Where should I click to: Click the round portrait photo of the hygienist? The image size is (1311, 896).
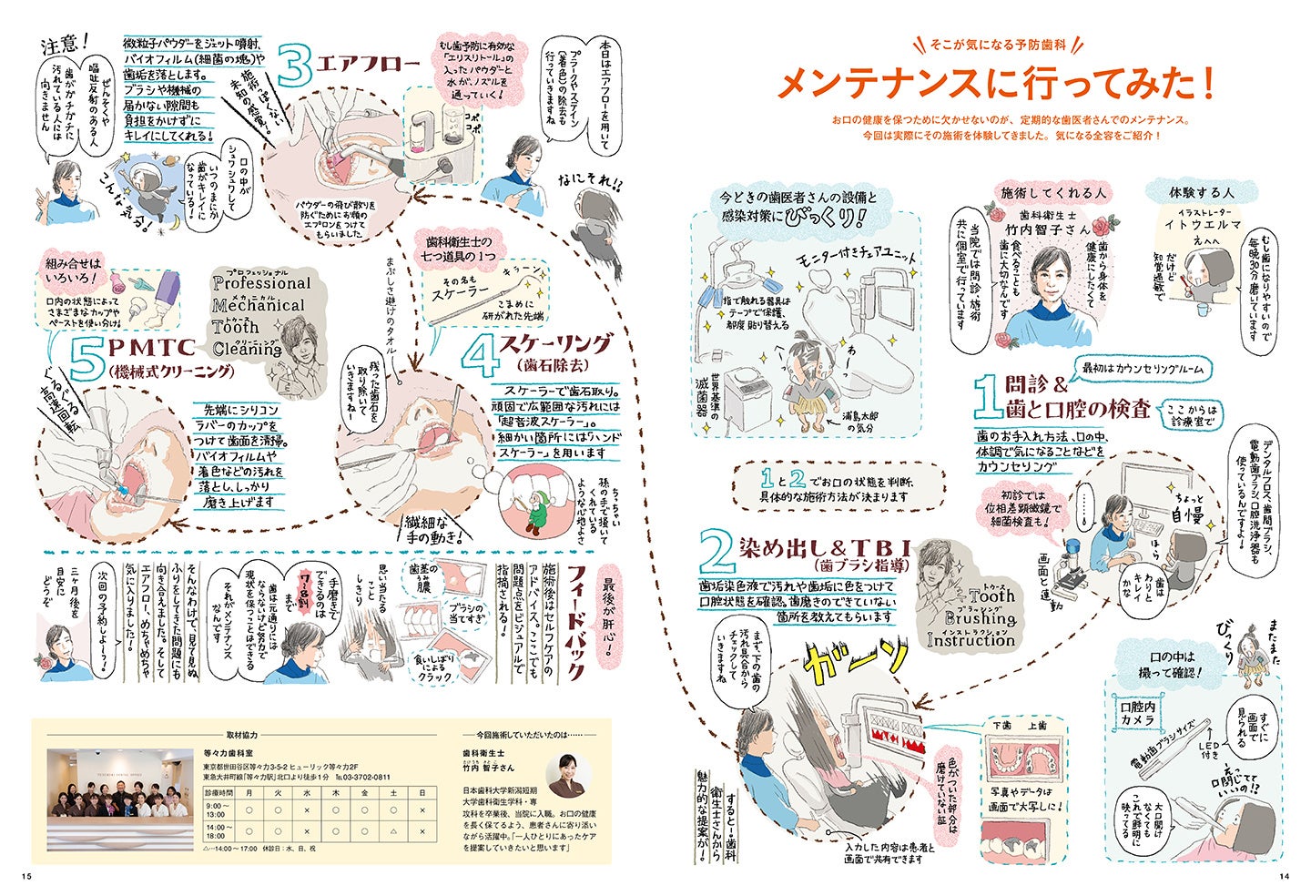[x=569, y=774]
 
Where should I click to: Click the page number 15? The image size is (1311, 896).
[x=25, y=876]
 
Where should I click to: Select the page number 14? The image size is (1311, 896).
[x=1285, y=876]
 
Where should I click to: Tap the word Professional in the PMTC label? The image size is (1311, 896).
[x=262, y=283]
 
